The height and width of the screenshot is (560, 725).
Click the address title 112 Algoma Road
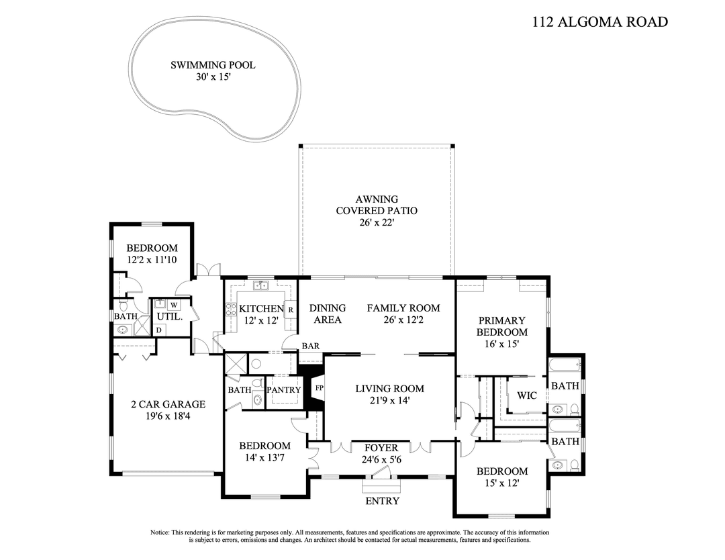click(x=599, y=21)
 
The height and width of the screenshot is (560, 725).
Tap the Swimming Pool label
click(x=212, y=65)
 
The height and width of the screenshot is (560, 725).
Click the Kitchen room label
click(x=261, y=309)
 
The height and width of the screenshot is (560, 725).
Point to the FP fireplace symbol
click(x=319, y=389)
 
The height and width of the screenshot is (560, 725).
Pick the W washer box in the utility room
click(x=173, y=305)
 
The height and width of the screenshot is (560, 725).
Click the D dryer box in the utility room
click(x=158, y=330)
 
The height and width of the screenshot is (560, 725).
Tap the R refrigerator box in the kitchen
click(x=291, y=310)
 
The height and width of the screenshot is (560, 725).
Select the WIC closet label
click(x=527, y=395)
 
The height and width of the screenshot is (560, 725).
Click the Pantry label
click(x=284, y=390)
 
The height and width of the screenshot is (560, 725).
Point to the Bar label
click(x=310, y=346)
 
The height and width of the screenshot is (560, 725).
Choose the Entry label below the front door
click(x=382, y=501)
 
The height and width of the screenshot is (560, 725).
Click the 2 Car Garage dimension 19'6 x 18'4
click(x=168, y=416)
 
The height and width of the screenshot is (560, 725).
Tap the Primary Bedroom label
click(x=501, y=326)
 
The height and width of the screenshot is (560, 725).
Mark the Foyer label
click(x=381, y=448)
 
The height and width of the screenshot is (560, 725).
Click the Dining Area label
click(x=328, y=314)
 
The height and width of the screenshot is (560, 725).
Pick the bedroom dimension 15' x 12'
click(x=501, y=483)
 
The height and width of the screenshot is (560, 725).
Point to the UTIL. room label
click(x=169, y=316)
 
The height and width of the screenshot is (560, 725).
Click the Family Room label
click(x=403, y=308)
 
